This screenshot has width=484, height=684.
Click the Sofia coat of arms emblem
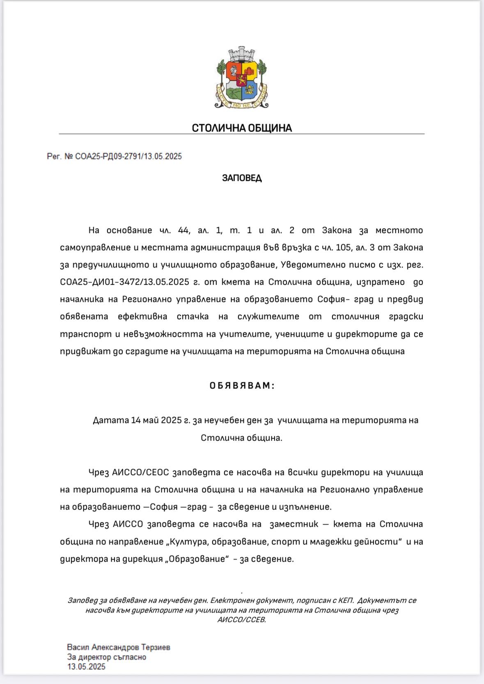(x=241, y=78)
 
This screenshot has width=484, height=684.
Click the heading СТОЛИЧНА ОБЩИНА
(x=242, y=128)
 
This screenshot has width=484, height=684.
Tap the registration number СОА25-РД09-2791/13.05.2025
(x=128, y=156)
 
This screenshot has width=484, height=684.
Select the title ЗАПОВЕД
(x=242, y=178)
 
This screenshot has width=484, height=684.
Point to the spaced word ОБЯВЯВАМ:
(x=242, y=386)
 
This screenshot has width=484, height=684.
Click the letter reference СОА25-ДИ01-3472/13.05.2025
(x=124, y=282)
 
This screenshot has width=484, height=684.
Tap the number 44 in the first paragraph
(x=184, y=230)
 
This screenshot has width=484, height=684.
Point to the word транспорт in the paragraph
(x=86, y=334)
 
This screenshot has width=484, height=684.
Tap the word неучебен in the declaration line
(x=224, y=420)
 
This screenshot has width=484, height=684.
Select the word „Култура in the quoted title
(x=187, y=542)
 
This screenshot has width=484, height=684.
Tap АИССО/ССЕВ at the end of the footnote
(x=242, y=620)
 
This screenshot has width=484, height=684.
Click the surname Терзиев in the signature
(x=156, y=647)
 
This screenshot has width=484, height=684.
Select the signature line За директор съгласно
(x=107, y=657)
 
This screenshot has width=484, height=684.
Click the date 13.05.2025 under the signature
(x=87, y=666)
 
